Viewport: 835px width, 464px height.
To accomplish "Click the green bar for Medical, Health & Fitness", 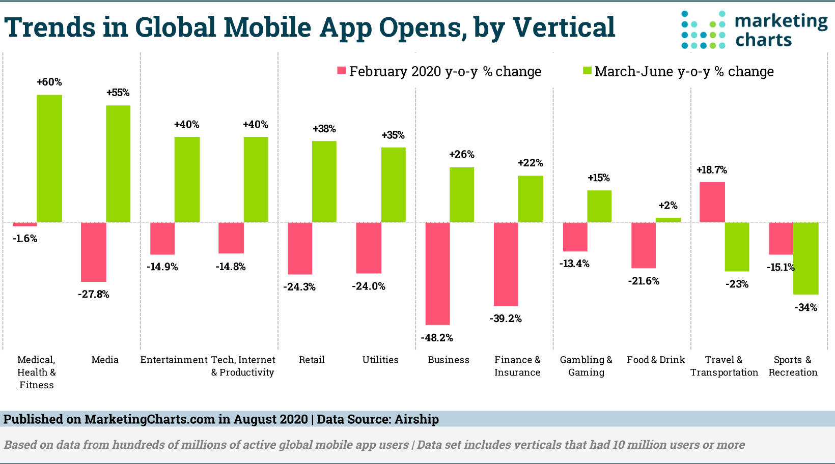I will click(49, 158).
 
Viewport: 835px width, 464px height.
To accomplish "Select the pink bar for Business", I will click(437, 273).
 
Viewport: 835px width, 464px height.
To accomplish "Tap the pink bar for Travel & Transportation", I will click(712, 202).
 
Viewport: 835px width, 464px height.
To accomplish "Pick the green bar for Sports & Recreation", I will click(805, 258).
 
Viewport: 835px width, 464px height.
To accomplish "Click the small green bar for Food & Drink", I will click(668, 220).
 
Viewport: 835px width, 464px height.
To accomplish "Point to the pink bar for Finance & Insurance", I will click(506, 264).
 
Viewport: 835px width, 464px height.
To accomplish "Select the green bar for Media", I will click(118, 163).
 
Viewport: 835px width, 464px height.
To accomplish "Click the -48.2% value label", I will click(437, 338).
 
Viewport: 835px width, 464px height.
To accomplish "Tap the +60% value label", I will click(49, 82).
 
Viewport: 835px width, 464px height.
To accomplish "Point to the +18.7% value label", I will click(712, 170).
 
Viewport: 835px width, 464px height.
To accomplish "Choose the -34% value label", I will click(805, 307).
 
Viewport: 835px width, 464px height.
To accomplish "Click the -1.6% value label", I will click(25, 239).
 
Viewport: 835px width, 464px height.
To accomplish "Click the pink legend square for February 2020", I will click(342, 71).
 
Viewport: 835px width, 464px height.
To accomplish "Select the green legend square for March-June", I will click(587, 71).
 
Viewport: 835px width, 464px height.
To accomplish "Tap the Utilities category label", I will click(380, 360).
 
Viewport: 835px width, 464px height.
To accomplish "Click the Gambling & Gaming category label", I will click(586, 366).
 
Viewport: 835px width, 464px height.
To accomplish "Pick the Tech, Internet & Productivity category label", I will click(243, 366).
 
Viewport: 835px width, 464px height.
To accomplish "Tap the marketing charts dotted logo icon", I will click(703, 30).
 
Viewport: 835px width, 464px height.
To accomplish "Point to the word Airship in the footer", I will click(416, 419).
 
